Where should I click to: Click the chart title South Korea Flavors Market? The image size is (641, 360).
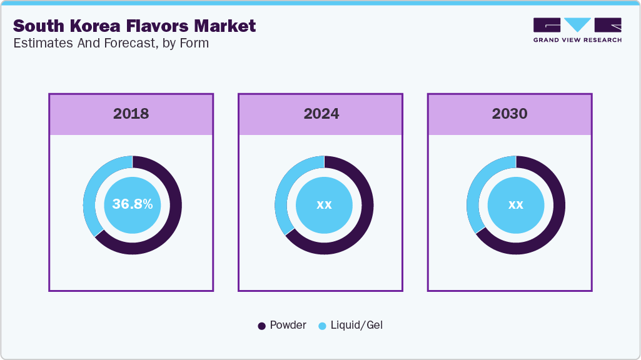click(x=134, y=26)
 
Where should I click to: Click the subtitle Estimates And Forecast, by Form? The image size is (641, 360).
click(x=111, y=43)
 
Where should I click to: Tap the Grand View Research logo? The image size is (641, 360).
click(x=577, y=29)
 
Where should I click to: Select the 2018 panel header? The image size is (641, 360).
click(x=131, y=114)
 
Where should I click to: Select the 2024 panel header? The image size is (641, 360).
click(x=321, y=114)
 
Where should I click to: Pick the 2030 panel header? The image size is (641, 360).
click(x=510, y=114)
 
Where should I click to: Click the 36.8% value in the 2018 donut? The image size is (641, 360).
click(x=132, y=204)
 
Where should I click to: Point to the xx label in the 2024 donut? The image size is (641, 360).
click(x=324, y=204)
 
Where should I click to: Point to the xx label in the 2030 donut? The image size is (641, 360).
click(x=515, y=204)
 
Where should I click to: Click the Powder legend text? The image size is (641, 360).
click(x=288, y=325)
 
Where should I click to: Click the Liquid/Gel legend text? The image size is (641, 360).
click(x=356, y=325)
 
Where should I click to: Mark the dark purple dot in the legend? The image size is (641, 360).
click(x=262, y=326)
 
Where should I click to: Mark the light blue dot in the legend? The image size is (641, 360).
click(x=323, y=326)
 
